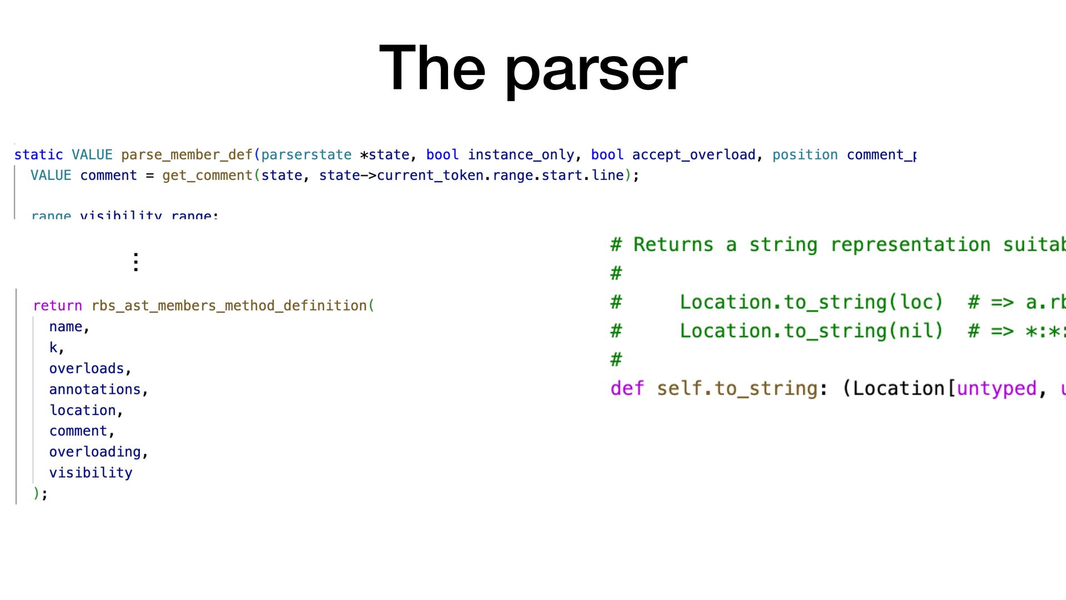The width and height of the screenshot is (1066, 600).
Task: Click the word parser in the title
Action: [x=596, y=70]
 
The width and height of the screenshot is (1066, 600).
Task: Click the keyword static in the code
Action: [x=38, y=155]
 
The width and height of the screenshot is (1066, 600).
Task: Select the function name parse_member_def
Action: [x=187, y=155]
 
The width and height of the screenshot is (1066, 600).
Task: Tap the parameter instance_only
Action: [x=520, y=155]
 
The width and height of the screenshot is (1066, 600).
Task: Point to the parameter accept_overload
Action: [x=693, y=155]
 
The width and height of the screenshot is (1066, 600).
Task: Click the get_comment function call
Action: [x=207, y=176]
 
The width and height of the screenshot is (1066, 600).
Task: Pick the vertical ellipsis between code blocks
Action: [x=136, y=262]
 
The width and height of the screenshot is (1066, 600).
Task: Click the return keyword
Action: [x=57, y=306]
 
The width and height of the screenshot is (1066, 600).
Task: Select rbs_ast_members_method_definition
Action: [x=229, y=306]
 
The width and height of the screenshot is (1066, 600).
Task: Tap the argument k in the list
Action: [x=53, y=348]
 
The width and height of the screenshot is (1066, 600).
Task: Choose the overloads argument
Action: [x=86, y=369]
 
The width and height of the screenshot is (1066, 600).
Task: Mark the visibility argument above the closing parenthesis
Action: [x=90, y=473]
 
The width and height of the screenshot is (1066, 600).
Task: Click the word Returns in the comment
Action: [x=673, y=244]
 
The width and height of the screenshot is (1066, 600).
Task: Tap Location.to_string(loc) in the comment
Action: [x=811, y=302]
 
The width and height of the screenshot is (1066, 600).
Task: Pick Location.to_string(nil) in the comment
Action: [x=811, y=331]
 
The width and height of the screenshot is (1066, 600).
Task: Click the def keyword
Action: [x=627, y=388]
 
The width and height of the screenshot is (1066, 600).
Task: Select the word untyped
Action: [x=996, y=388]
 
